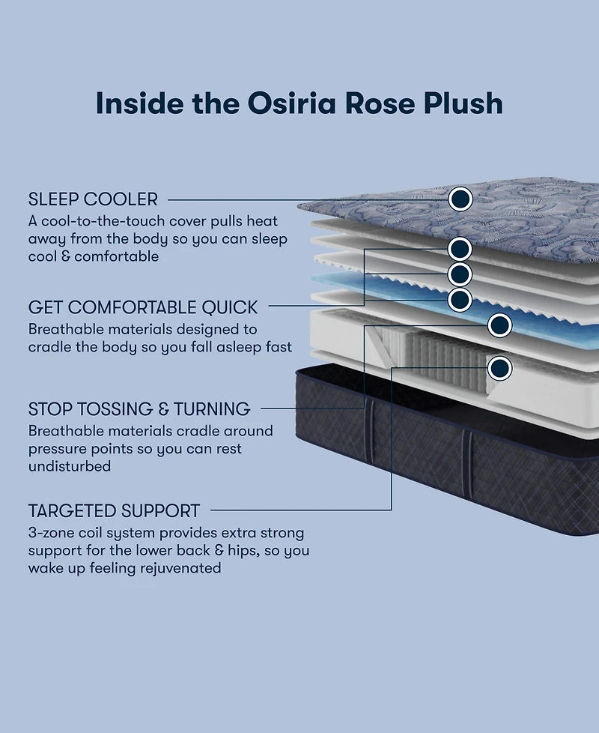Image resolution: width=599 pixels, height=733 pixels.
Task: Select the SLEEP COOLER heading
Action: [x=93, y=199]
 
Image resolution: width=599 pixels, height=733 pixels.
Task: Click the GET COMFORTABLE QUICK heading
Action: [x=142, y=307]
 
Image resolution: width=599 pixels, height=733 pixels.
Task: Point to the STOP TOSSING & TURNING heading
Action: [x=139, y=409]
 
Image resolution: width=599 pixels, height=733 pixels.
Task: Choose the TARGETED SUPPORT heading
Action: [x=114, y=511]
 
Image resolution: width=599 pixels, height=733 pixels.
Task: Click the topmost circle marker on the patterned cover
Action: [x=460, y=199]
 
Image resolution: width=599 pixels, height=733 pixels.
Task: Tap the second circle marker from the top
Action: [x=460, y=249]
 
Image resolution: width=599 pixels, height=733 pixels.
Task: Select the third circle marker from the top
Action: [x=460, y=274]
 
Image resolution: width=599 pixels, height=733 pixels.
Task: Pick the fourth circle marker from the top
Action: [x=460, y=300]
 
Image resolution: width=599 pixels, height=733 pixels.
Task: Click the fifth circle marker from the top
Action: [x=499, y=325]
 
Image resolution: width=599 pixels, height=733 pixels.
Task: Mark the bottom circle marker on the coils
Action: [x=499, y=368]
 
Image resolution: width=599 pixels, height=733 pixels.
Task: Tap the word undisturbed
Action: [x=70, y=466]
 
